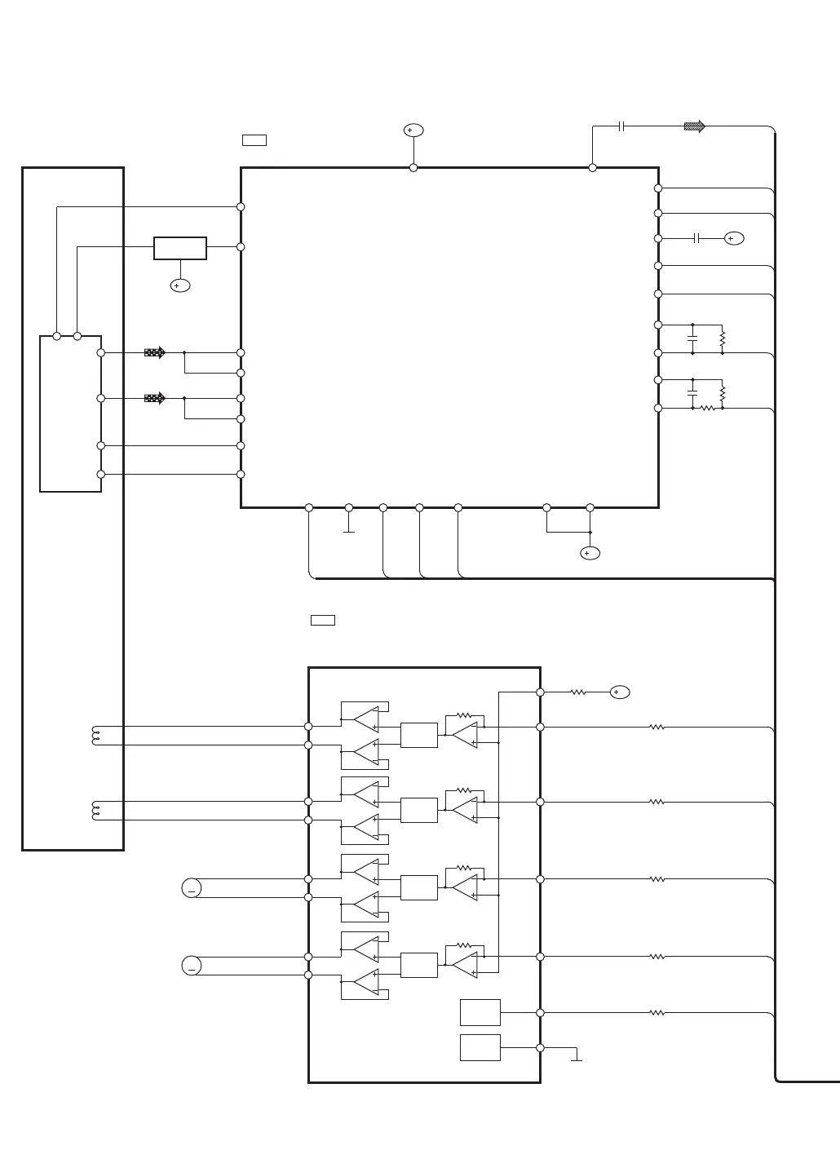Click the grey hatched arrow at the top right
pyautogui.click(x=694, y=126)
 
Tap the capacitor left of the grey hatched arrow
pyautogui.click(x=621, y=126)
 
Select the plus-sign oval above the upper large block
pyautogui.click(x=413, y=130)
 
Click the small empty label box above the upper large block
pyautogui.click(x=254, y=140)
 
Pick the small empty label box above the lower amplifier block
pyautogui.click(x=323, y=620)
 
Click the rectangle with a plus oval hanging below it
pyautogui.click(x=180, y=248)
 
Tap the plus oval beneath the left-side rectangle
pyautogui.click(x=180, y=285)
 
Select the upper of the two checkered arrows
pyautogui.click(x=154, y=352)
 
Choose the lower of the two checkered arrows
pyautogui.click(x=154, y=398)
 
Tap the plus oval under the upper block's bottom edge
pyautogui.click(x=590, y=553)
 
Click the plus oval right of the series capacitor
pyautogui.click(x=734, y=238)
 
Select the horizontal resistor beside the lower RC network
pyautogui.click(x=708, y=408)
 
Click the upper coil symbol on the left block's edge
pyautogui.click(x=96, y=736)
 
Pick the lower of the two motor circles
pyautogui.click(x=192, y=966)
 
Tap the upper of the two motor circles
pyautogui.click(x=192, y=888)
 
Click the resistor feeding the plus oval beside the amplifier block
pyautogui.click(x=578, y=692)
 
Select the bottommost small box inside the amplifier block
pyautogui.click(x=480, y=1047)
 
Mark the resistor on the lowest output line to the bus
pyautogui.click(x=657, y=1013)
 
